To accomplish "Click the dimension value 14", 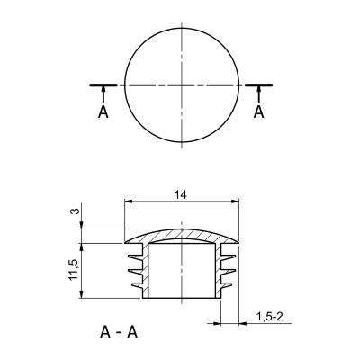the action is [181, 195].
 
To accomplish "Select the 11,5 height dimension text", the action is [74, 270].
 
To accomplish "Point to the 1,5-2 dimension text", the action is [270, 317].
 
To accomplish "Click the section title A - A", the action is [119, 332].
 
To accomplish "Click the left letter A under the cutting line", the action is [103, 112].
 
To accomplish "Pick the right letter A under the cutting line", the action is [258, 112].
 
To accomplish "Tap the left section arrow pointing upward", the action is [103, 94].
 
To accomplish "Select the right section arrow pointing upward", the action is [258, 94].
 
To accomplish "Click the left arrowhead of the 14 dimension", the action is [129, 202].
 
